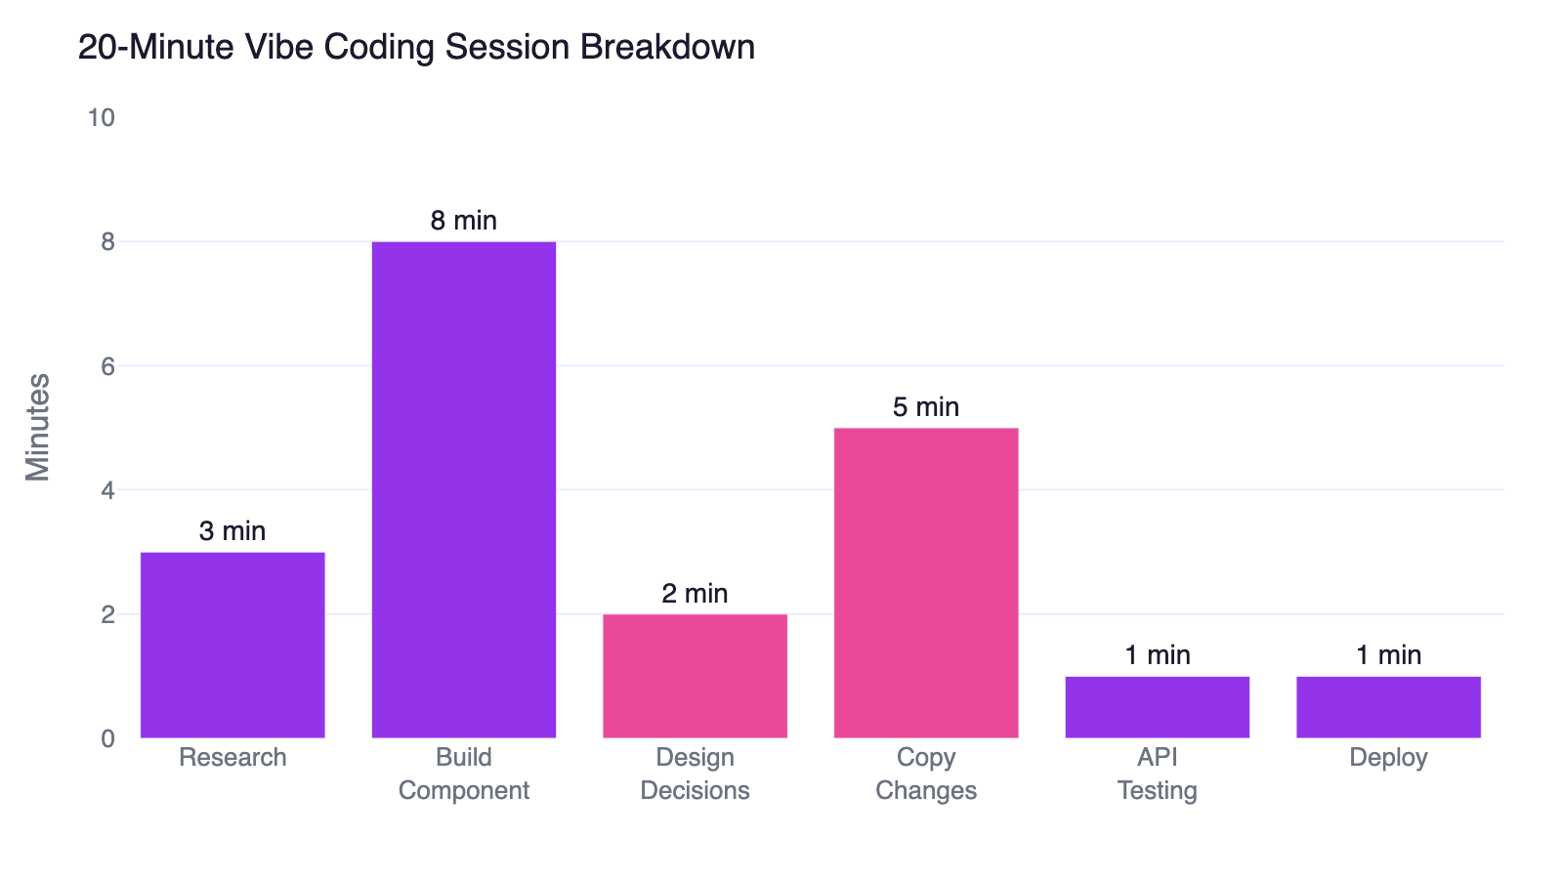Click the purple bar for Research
[232, 645]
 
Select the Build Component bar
[464, 488]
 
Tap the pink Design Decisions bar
[695, 676]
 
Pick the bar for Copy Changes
[926, 582]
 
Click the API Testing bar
[1158, 707]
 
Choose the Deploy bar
[1388, 707]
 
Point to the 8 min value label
[464, 221]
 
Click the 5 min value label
[926, 407]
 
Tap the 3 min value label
[232, 531]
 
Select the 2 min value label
[695, 594]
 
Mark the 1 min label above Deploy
[1388, 655]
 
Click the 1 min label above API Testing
[1158, 655]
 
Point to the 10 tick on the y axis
[101, 118]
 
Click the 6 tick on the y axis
[107, 366]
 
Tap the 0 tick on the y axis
[107, 739]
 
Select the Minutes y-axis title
[38, 427]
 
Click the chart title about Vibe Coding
[416, 47]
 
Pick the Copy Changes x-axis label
[926, 774]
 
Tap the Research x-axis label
[232, 758]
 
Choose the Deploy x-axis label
[1388, 758]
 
